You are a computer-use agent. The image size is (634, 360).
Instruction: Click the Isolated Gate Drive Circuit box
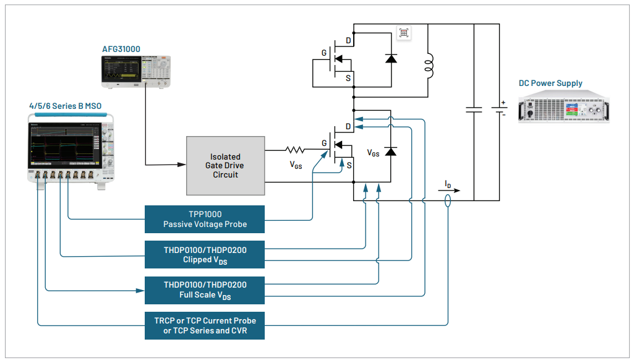(225, 166)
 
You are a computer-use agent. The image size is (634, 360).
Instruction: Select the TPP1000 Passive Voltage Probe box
(205, 220)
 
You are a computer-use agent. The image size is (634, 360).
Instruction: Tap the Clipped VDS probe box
(205, 255)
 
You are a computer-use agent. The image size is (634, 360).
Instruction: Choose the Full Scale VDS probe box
(205, 290)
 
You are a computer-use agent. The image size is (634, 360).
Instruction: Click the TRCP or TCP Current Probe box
(205, 326)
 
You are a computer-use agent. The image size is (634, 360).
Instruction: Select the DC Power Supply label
(550, 84)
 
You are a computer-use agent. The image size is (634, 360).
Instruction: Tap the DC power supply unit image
(563, 106)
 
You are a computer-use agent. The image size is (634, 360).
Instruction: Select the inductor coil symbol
(428, 66)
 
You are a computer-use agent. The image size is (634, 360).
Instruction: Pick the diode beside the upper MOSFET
(391, 58)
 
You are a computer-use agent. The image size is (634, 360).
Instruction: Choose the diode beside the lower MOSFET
(391, 151)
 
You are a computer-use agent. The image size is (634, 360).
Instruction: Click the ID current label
(448, 184)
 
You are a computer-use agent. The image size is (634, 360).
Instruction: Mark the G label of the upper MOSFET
(323, 53)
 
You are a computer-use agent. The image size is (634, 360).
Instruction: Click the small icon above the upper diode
(404, 33)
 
